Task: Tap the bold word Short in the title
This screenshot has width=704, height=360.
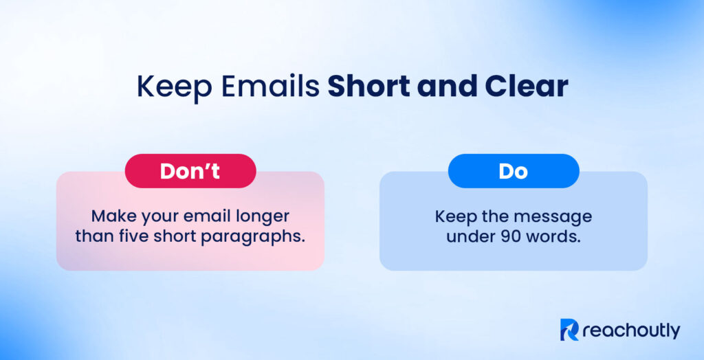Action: [x=368, y=87]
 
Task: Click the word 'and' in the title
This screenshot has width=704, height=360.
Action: [x=444, y=87]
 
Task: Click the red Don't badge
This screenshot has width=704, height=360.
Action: [x=190, y=171]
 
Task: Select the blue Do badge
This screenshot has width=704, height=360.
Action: [x=513, y=171]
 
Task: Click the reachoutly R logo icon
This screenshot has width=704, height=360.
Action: [x=570, y=330]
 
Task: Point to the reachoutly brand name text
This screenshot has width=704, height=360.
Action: [x=631, y=331]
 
